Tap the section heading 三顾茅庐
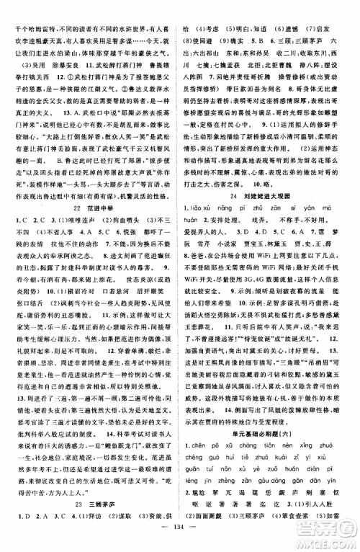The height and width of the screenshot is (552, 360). tap(89, 499)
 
